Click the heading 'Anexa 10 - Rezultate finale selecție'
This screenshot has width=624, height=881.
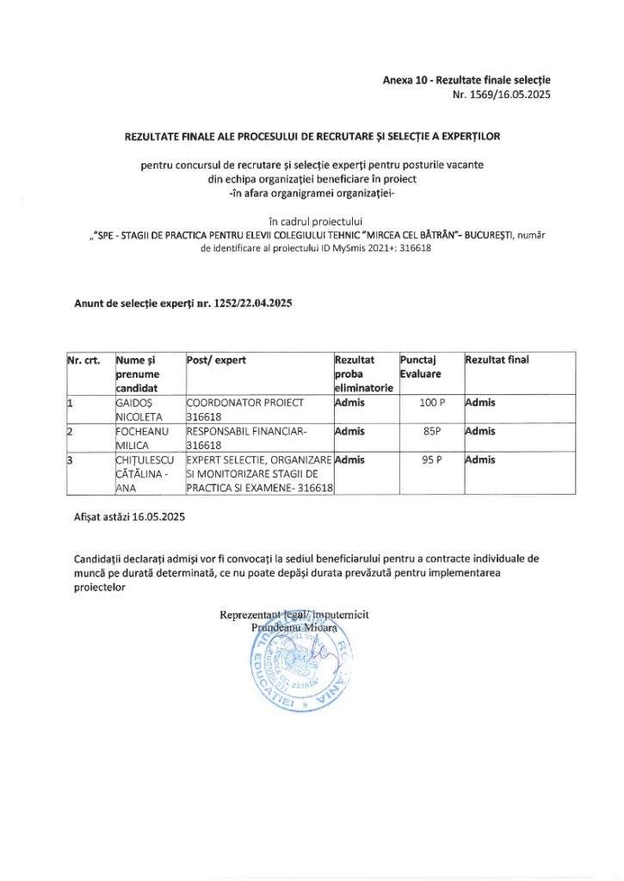[466, 80]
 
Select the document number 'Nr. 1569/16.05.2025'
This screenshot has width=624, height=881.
[501, 95]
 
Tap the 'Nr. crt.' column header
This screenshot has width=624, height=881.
[83, 360]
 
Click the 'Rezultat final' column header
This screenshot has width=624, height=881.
[497, 360]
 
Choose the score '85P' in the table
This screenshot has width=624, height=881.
[433, 431]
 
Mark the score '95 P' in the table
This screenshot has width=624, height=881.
[433, 459]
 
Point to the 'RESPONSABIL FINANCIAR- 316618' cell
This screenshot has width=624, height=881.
[246, 438]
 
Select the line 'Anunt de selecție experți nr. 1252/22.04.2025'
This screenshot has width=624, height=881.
[183, 302]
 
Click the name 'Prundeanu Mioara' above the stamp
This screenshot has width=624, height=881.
[293, 628]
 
